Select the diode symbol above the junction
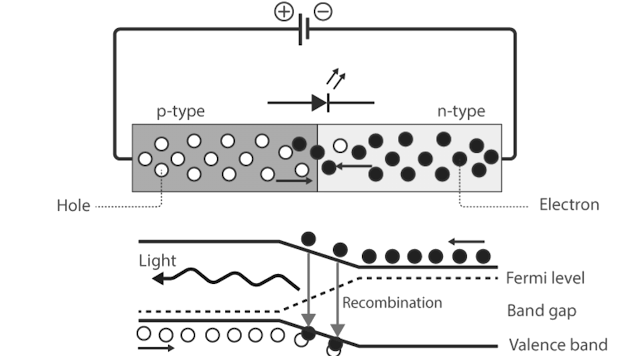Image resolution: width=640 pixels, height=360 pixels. click(320, 102)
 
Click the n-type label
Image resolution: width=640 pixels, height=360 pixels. click(461, 112)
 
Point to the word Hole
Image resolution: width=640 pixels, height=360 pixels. click(73, 206)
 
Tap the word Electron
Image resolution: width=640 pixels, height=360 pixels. click(569, 205)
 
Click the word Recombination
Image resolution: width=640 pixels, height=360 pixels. click(392, 302)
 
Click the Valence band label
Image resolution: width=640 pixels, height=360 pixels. click(557, 345)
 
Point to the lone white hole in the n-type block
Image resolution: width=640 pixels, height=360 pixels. click(341, 146)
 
